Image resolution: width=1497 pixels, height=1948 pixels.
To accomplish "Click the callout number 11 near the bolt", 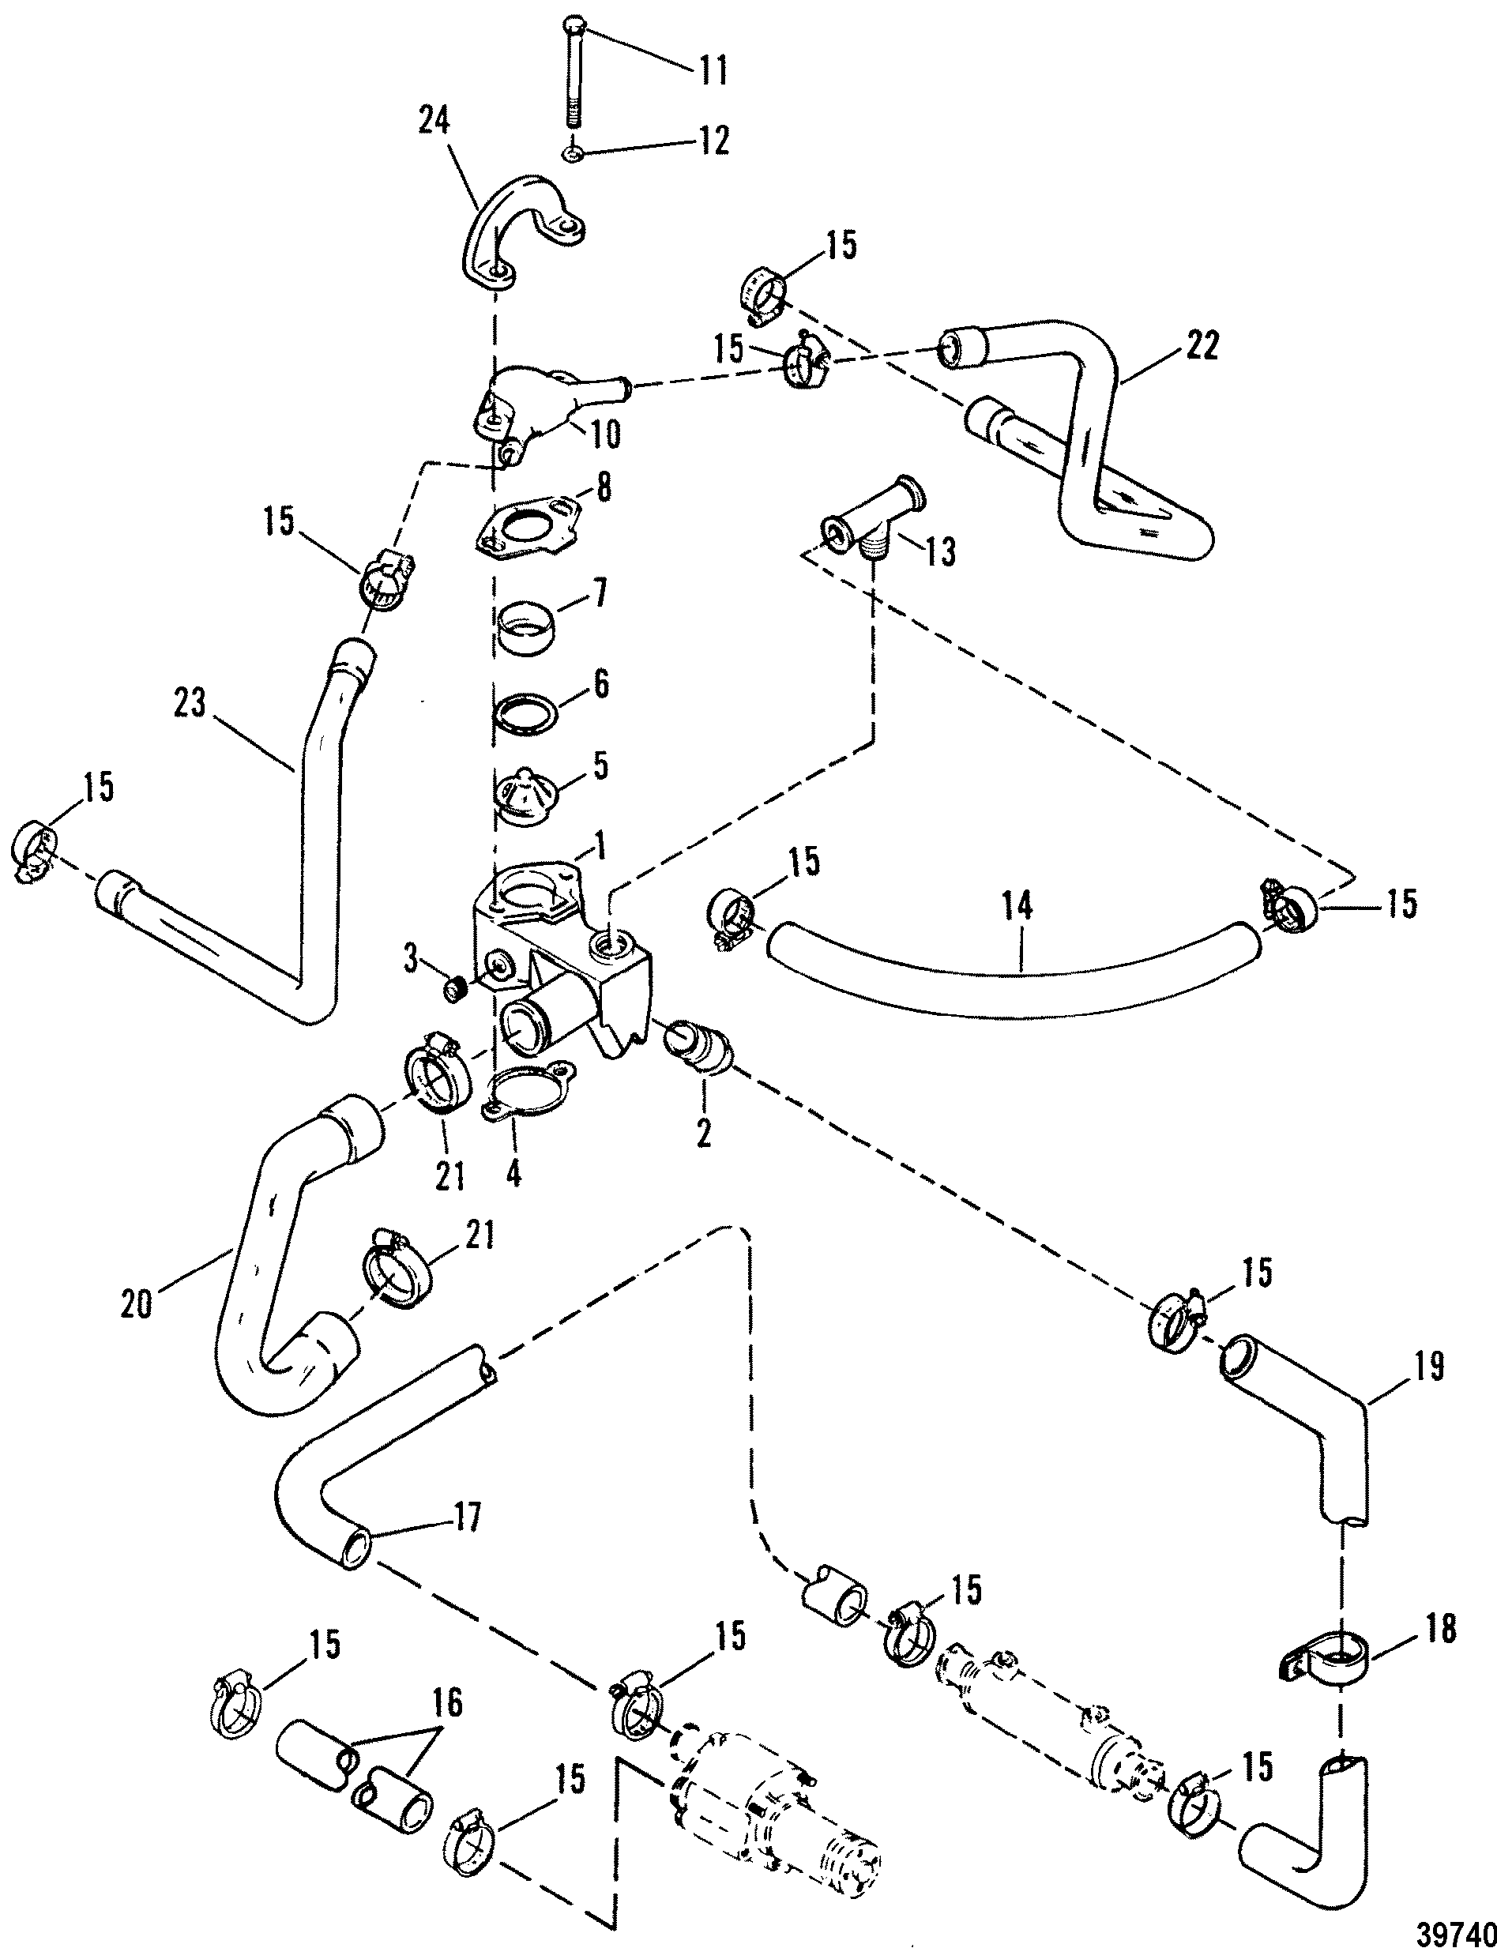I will click(x=712, y=70).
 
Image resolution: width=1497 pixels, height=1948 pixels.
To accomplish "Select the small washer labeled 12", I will click(x=572, y=156).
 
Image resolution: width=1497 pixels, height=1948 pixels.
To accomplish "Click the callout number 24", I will click(x=434, y=121).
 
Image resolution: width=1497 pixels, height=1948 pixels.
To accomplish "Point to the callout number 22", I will click(x=1202, y=346).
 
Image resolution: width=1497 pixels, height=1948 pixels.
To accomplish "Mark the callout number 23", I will click(x=190, y=704).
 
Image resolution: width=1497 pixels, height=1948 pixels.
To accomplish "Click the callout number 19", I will click(x=1429, y=1365).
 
